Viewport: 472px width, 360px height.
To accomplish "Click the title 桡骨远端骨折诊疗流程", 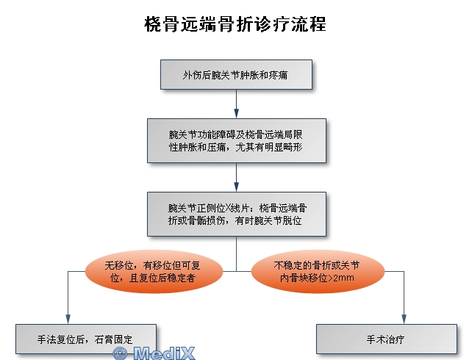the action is click(x=235, y=24).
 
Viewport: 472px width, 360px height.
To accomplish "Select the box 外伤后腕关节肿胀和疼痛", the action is click(x=236, y=75).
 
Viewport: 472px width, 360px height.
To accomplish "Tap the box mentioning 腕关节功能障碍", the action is click(x=237, y=141).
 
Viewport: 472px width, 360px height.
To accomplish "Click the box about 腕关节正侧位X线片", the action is click(x=237, y=214).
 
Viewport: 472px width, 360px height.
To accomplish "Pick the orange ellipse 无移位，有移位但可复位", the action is click(x=154, y=272).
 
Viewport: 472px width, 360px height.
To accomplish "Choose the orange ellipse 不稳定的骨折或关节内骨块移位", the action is click(x=318, y=272).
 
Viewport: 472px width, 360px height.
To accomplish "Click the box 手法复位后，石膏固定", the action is click(x=86, y=339).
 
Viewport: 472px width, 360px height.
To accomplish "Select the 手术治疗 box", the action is click(x=387, y=339).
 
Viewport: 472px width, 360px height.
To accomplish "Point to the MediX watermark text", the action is click(x=164, y=353).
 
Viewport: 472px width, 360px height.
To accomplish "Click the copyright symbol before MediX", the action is click(x=120, y=353).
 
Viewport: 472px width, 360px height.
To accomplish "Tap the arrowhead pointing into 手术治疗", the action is click(x=404, y=320).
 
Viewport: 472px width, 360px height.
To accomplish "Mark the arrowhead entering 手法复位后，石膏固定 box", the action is click(x=68, y=320).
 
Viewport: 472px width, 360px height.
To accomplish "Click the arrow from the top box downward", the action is click(x=236, y=104).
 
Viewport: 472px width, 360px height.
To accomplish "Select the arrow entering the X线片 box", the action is click(x=236, y=178).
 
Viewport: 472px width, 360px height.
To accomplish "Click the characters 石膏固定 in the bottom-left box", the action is click(x=113, y=339).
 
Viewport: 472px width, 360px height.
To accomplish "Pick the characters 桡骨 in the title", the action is click(x=162, y=24).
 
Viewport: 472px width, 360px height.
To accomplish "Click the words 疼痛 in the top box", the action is click(x=278, y=75).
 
